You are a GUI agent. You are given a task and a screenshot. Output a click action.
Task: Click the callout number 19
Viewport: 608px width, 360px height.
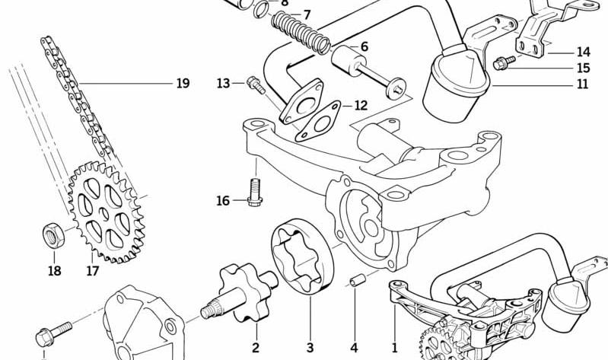[x=183, y=84]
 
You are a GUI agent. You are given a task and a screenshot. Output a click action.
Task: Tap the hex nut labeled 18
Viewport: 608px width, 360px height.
[x=53, y=235]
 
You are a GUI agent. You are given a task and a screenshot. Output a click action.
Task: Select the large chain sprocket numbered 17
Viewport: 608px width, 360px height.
[x=107, y=212]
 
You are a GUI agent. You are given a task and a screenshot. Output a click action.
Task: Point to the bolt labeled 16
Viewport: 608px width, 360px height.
[x=254, y=192]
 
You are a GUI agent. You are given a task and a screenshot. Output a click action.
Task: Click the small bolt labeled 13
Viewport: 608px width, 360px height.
[x=256, y=85]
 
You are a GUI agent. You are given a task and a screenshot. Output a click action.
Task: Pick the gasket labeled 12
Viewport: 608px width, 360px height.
[x=317, y=122]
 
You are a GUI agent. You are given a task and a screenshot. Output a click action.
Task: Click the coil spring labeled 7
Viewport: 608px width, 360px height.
[x=301, y=33]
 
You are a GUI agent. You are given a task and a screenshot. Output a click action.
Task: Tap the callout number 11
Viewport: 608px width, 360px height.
[x=582, y=84]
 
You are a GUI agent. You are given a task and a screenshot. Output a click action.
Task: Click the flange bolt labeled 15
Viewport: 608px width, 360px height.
[x=504, y=62]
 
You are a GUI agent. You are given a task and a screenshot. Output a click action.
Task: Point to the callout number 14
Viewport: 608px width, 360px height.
[x=583, y=52]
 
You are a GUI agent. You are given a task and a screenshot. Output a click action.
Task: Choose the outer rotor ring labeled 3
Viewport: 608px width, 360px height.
[x=302, y=256]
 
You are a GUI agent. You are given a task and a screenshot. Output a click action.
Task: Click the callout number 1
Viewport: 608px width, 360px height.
[x=394, y=348]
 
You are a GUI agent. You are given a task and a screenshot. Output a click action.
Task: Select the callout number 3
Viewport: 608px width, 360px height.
[x=310, y=348]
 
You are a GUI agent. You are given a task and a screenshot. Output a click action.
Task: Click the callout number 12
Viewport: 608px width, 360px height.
[x=361, y=105]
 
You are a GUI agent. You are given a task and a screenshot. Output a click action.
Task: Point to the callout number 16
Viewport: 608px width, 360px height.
[x=223, y=201]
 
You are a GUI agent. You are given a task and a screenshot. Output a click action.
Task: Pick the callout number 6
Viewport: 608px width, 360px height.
[x=364, y=46]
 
